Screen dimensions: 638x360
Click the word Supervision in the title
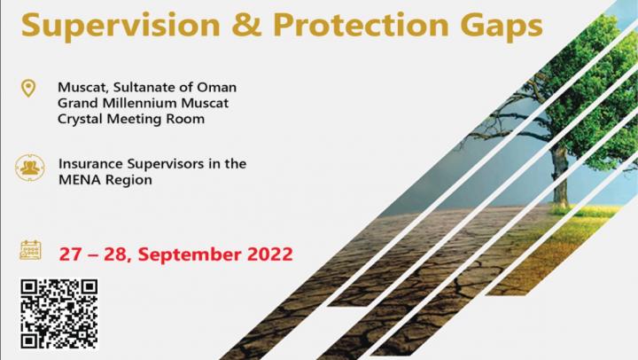coord(121,26)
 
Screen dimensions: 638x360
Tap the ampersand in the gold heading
coord(246,25)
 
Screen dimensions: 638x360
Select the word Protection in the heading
coord(361,25)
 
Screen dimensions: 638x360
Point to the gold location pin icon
coord(28,88)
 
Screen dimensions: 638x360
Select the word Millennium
coord(140,103)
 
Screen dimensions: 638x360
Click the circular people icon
coord(30,168)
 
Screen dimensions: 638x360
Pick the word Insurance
coord(90,164)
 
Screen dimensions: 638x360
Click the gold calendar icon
coord(30,250)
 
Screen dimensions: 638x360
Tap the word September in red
coord(190,255)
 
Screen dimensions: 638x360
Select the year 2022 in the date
coord(270,254)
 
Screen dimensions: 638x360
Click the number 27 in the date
coord(70,254)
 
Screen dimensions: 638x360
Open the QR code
coord(59,314)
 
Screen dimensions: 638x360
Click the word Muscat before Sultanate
coord(83,88)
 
